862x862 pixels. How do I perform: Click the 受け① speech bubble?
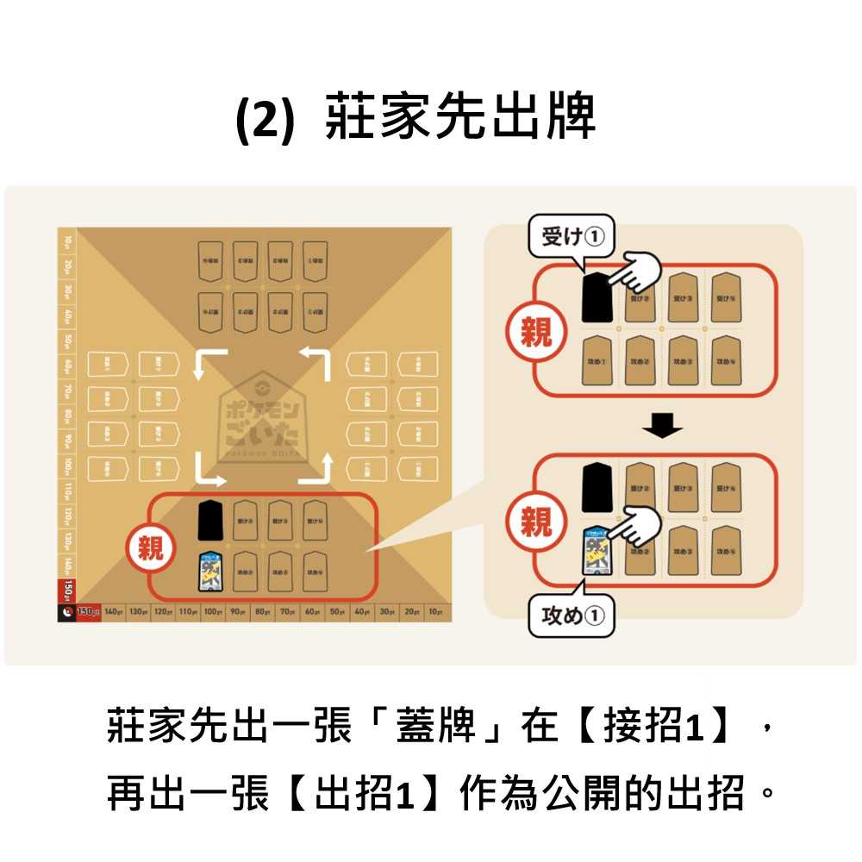572,234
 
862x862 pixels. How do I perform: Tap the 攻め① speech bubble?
572,615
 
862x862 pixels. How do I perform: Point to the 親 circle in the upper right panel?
535,331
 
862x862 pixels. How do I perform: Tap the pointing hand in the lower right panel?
634,526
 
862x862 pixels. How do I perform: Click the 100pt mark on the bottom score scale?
213,612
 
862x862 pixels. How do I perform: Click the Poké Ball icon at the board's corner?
66,612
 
